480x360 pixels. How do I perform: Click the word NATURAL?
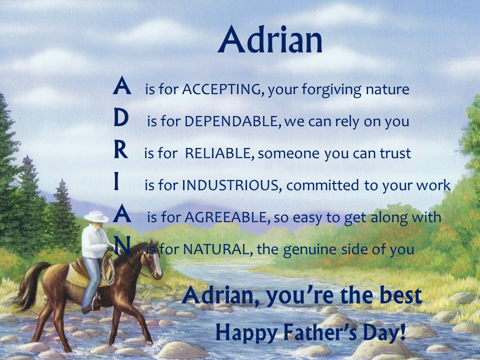point(215,249)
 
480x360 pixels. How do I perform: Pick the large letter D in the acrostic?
point(121,118)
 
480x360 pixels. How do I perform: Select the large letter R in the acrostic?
point(121,150)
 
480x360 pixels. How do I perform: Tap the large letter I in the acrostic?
point(116,182)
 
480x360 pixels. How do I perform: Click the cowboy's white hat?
point(96,216)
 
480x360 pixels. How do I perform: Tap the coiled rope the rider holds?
point(108,267)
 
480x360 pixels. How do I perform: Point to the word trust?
point(394,153)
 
